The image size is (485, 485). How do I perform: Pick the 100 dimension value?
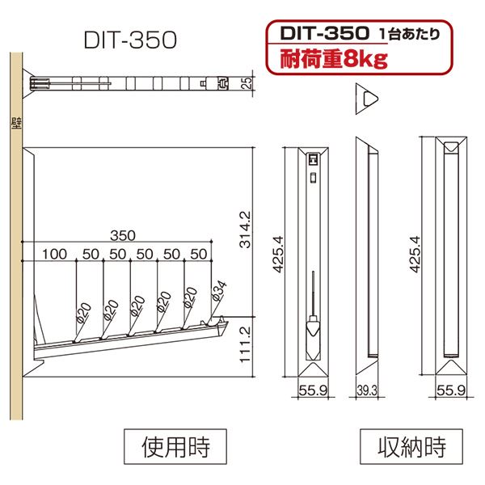coord(54,254)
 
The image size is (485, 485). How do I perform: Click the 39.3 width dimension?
coord(367,390)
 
